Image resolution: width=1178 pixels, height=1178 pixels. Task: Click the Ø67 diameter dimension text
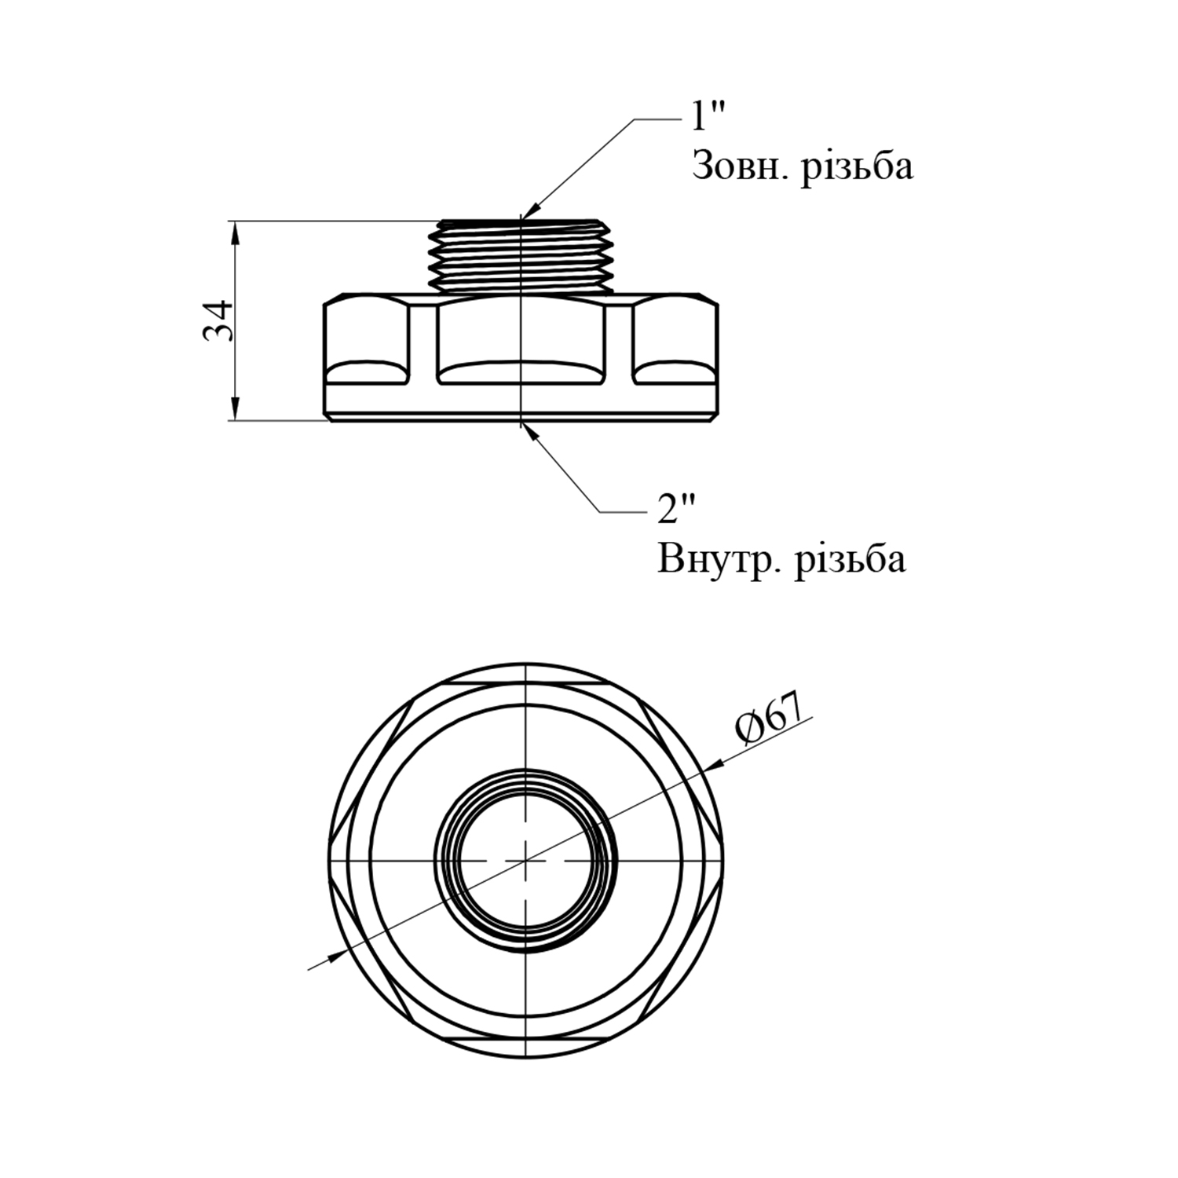(x=772, y=719)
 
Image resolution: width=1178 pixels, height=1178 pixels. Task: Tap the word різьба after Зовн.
(x=857, y=166)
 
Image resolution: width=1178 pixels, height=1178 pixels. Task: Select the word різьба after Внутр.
(x=850, y=559)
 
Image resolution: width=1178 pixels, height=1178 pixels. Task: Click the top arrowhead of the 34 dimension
(x=233, y=229)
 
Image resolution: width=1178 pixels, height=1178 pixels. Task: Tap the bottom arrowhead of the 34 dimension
(x=233, y=412)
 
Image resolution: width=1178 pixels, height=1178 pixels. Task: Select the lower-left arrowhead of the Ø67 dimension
(x=335, y=955)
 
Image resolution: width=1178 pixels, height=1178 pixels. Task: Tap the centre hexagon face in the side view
(x=521, y=334)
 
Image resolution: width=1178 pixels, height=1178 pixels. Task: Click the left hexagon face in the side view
(x=367, y=334)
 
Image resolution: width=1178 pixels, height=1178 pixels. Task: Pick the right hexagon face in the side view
(x=675, y=334)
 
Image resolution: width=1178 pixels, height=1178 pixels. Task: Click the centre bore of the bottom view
(x=525, y=860)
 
